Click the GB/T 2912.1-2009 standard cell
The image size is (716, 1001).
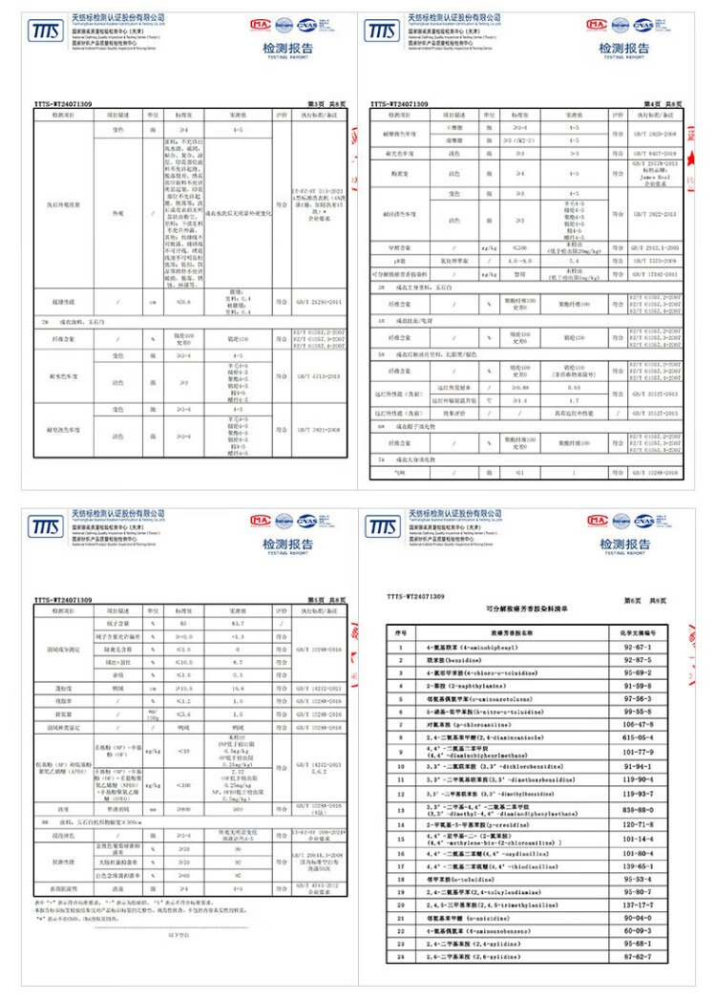pos(656,247)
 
